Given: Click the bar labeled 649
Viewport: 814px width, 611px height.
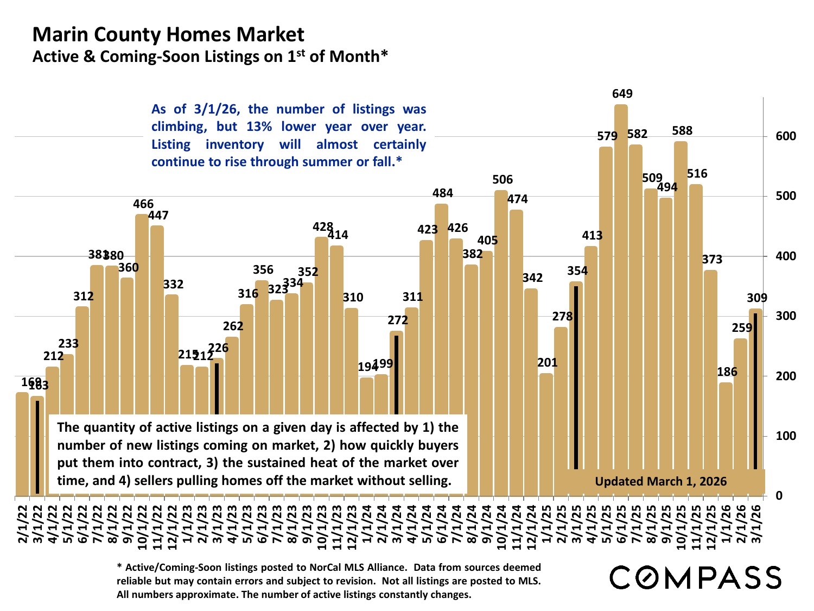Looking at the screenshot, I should (x=621, y=299).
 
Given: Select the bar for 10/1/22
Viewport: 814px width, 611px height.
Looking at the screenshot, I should (x=142, y=315).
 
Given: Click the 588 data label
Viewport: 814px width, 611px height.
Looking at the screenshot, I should (x=682, y=131).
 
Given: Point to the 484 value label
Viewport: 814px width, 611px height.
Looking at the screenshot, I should (x=443, y=193).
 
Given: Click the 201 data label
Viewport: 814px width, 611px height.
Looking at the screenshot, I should (x=548, y=363).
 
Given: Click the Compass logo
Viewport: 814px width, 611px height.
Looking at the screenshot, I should (x=696, y=577).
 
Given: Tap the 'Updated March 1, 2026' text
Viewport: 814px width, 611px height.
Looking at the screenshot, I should (x=660, y=481).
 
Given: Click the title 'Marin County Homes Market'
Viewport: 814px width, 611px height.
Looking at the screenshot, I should (x=168, y=35).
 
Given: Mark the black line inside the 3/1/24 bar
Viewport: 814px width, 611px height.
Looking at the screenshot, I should (x=396, y=375).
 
